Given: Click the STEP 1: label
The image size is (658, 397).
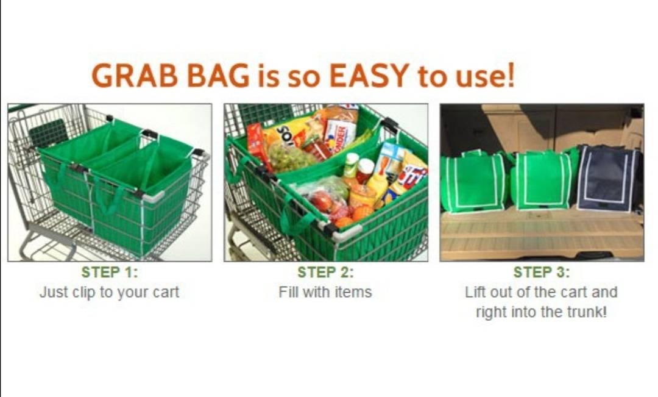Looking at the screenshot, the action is [110, 272].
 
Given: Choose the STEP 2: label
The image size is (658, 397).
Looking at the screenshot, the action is [325, 272].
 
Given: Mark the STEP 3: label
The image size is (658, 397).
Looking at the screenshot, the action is [542, 272].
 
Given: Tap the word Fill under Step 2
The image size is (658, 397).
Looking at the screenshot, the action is [288, 291].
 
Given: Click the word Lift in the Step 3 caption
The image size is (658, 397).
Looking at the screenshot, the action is [473, 291].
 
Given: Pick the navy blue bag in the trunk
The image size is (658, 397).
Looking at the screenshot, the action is [607, 178].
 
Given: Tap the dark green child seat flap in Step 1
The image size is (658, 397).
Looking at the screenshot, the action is [48, 132].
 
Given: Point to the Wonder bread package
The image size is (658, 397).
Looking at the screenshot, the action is [339, 134].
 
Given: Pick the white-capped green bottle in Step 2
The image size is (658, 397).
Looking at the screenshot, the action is [351, 165].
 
